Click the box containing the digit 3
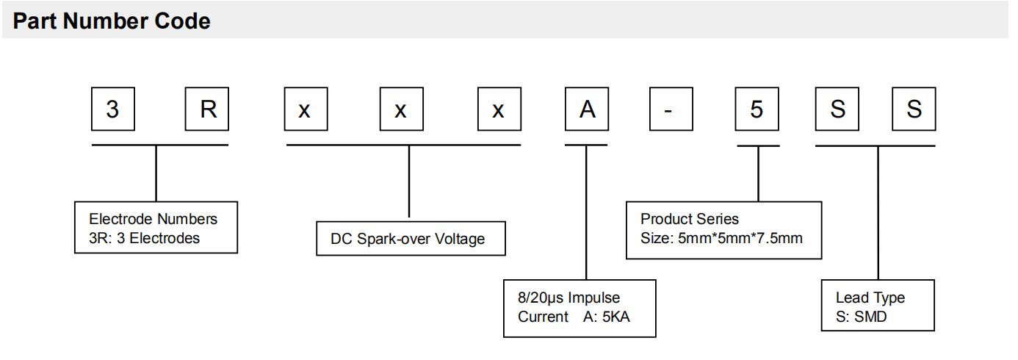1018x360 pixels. click(x=112, y=109)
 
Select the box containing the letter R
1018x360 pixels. click(x=208, y=109)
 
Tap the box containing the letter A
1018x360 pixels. click(x=586, y=109)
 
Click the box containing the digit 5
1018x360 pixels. click(x=757, y=109)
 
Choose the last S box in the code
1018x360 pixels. click(x=914, y=109)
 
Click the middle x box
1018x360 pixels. click(x=401, y=109)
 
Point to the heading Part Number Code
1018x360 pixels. click(x=112, y=21)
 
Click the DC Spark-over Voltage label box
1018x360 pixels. click(x=411, y=238)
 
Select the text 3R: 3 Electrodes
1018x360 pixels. click(x=145, y=238)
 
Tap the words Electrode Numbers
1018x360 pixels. click(x=153, y=219)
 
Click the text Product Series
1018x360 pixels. click(x=690, y=219)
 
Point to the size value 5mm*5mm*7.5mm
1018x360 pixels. click(x=740, y=238)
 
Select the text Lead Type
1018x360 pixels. click(x=870, y=298)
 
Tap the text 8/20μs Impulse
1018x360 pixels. click(x=569, y=298)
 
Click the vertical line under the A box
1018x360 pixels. click(x=586, y=213)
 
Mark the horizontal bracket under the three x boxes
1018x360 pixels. click(x=403, y=145)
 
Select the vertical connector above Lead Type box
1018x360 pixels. click(x=878, y=213)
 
